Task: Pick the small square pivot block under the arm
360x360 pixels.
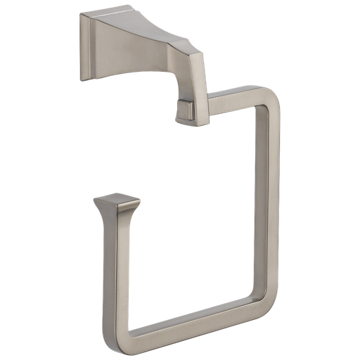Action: [186, 111]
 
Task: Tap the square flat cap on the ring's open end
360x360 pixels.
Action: [117, 203]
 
